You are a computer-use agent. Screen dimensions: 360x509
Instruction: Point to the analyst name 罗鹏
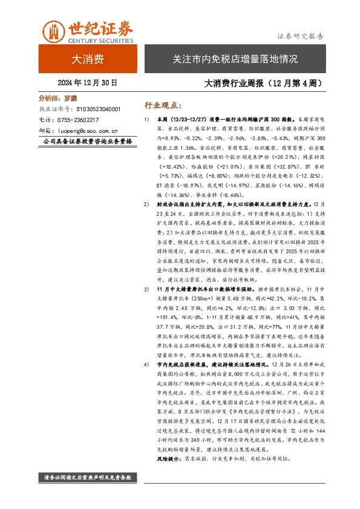71,97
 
